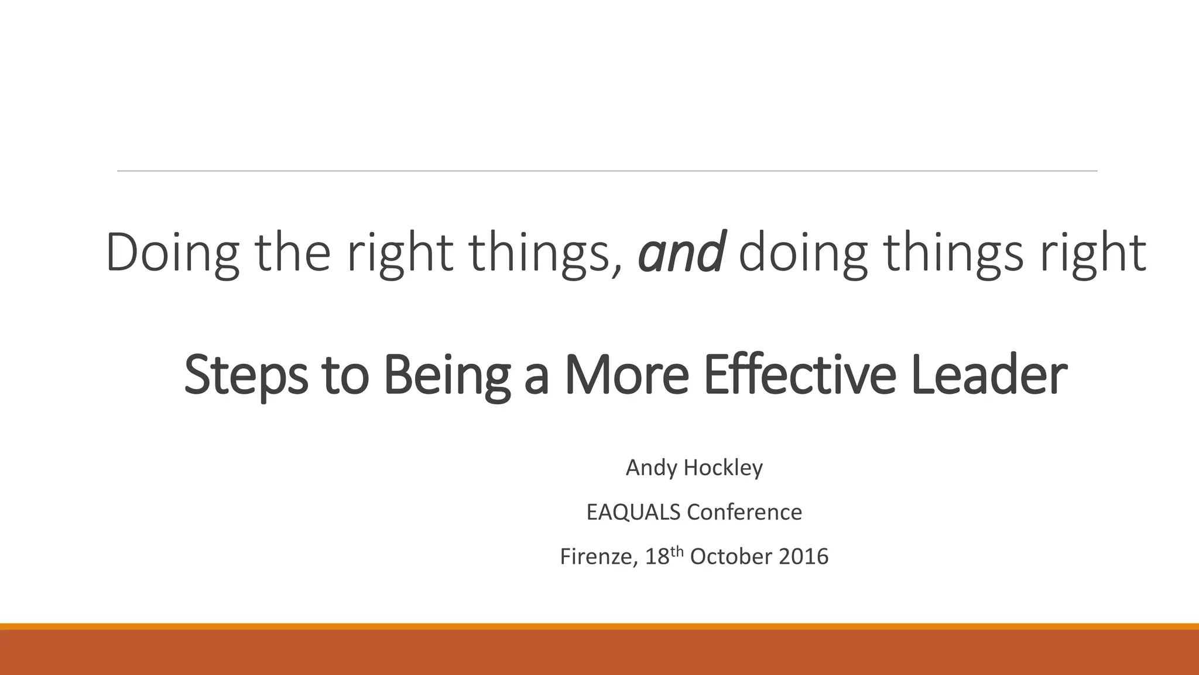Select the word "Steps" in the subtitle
click(x=246, y=375)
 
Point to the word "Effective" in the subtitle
click(x=799, y=375)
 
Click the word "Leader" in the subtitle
click(x=989, y=375)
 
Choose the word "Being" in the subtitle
click(x=446, y=375)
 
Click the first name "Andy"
click(x=650, y=468)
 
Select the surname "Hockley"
click(x=723, y=468)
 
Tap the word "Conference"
click(x=744, y=513)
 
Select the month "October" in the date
click(x=731, y=557)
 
